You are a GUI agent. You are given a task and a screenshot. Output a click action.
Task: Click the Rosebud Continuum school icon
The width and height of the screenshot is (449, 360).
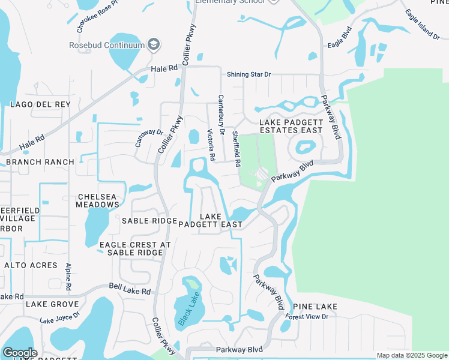tap(154, 45)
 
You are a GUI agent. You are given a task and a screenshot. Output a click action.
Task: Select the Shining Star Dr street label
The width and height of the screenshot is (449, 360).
tap(249, 74)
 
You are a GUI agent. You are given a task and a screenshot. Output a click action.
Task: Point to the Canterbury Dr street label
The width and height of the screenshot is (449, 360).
tap(221, 114)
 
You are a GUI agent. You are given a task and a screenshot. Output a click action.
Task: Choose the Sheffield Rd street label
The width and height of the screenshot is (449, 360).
tap(237, 149)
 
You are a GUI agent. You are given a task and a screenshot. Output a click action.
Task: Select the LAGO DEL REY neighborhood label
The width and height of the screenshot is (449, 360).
tap(40, 104)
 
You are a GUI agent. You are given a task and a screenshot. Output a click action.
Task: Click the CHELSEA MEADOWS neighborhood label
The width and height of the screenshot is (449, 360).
tap(97, 200)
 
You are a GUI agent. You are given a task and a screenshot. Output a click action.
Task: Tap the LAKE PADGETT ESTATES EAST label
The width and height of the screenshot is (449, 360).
tap(291, 126)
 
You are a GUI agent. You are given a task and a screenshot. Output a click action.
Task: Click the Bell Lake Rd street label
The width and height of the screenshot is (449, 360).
tap(129, 290)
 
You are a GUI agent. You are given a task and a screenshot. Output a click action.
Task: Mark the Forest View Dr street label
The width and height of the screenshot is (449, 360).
tap(307, 316)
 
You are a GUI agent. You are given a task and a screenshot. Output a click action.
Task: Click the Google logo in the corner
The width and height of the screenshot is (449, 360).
tap(19, 353)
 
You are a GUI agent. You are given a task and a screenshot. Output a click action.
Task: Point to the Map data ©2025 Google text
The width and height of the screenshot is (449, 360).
tap(411, 355)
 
